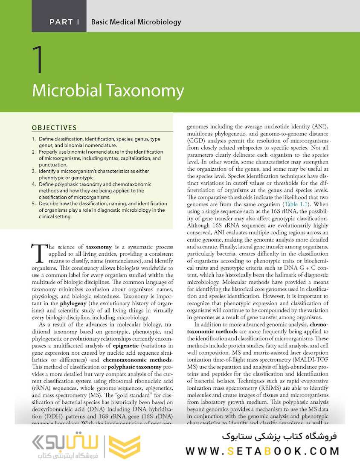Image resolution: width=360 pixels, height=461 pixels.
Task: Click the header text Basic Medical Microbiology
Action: coord(136,22)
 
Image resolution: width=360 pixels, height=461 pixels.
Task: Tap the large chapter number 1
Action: coord(38,60)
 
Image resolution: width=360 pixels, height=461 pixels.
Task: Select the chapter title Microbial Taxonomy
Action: coord(108,90)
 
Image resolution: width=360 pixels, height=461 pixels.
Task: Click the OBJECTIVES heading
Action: coord(54,127)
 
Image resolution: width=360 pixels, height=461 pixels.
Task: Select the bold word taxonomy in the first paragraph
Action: coord(99,247)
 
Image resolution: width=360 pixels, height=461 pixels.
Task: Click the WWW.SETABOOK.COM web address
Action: coord(262,450)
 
